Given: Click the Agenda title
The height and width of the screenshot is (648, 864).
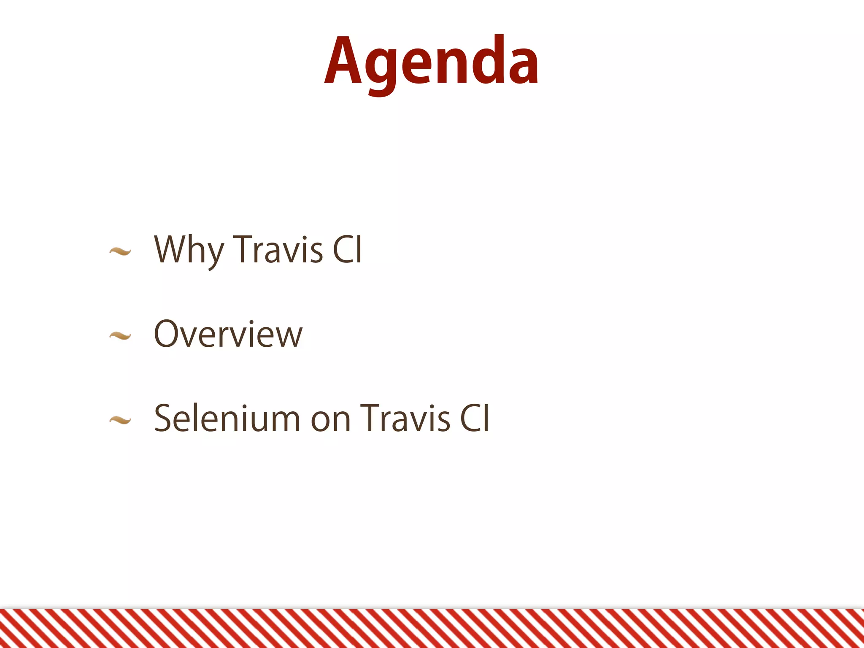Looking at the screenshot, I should click(x=431, y=61).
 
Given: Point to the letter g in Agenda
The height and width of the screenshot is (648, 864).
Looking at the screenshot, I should click(x=381, y=67).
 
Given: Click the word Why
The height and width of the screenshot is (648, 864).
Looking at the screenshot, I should click(x=189, y=250).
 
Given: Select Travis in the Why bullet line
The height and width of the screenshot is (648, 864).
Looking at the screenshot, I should click(x=278, y=250).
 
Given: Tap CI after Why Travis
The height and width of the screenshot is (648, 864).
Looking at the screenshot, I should click(x=347, y=250).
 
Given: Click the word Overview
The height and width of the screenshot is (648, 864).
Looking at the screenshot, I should click(x=228, y=334).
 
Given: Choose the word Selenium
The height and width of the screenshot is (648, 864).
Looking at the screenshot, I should click(x=227, y=418).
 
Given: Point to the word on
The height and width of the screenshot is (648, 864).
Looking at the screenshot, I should click(x=331, y=420).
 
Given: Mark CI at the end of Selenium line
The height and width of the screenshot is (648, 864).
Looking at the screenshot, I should click(x=474, y=418).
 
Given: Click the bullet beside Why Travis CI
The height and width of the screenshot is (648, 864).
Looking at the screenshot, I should click(x=120, y=252).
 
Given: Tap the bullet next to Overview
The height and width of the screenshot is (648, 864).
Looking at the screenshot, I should click(x=120, y=336).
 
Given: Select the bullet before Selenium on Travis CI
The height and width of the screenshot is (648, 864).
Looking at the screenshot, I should click(x=120, y=420).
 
